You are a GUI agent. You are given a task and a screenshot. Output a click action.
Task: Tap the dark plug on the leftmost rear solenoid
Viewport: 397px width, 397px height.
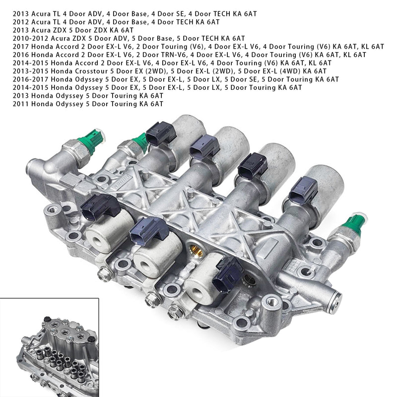coord(159,132)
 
